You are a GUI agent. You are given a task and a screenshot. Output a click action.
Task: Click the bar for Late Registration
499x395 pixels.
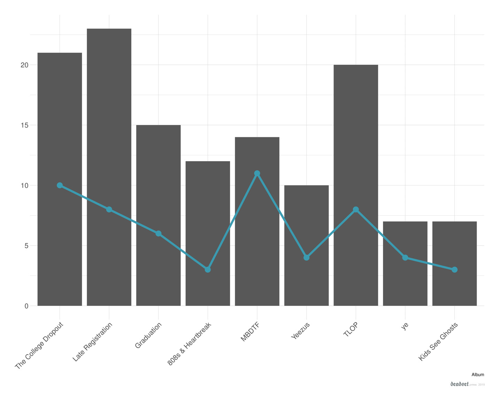(109, 167)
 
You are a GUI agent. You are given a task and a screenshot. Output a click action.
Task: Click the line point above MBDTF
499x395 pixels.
(257, 173)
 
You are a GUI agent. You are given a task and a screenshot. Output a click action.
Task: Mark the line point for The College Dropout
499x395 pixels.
(60, 185)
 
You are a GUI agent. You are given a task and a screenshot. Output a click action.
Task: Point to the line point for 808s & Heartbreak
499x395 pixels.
(208, 270)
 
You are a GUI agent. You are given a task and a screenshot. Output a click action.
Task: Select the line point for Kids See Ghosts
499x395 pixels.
(454, 270)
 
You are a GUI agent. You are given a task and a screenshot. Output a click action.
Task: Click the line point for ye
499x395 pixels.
(405, 258)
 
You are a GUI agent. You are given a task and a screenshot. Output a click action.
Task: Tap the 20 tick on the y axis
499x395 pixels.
(24, 65)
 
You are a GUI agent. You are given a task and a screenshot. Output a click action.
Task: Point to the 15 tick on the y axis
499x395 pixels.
(24, 125)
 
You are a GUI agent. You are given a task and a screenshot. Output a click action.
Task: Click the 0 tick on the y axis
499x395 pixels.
(26, 306)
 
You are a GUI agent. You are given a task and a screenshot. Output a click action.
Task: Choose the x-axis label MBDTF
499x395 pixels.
(250, 332)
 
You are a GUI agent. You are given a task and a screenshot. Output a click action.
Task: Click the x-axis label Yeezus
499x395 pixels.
(300, 331)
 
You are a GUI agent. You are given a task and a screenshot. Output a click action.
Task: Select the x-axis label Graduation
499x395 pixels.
(148, 335)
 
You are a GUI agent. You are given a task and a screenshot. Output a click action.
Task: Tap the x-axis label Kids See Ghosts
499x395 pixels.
(438, 342)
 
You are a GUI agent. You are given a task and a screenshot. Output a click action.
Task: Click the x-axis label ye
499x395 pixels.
(405, 326)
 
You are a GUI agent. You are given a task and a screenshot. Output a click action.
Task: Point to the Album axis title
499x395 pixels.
(478, 375)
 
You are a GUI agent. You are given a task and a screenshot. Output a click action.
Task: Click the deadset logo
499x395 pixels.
(459, 384)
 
